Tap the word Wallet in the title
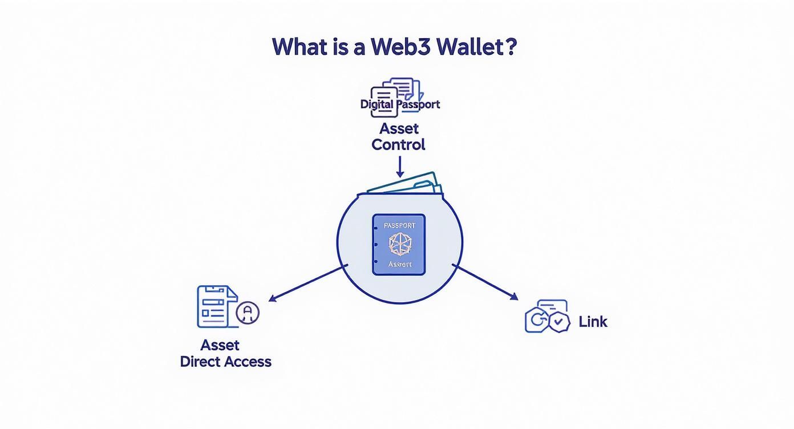[x=469, y=47]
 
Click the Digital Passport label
[x=400, y=104]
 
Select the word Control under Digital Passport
[x=398, y=144]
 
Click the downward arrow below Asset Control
[x=399, y=167]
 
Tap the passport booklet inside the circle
[x=399, y=245]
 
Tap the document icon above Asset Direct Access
[x=216, y=307]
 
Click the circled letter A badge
[x=248, y=312]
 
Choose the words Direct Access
[x=225, y=362]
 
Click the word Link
[x=593, y=322]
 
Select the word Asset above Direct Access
[x=220, y=345]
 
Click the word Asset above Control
[x=399, y=128]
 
